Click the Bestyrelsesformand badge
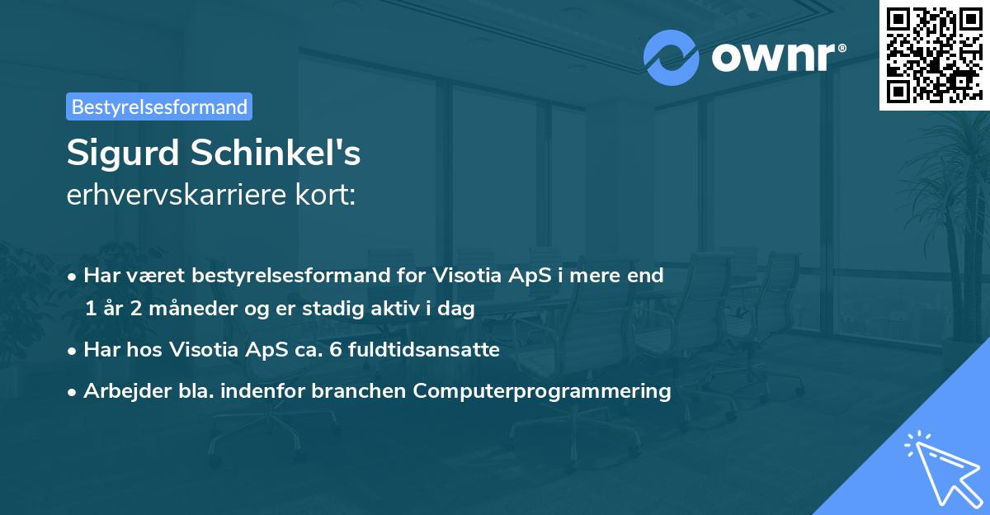click(159, 106)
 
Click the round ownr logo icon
click(671, 57)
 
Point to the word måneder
click(180, 309)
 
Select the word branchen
click(368, 391)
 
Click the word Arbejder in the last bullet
click(120, 391)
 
